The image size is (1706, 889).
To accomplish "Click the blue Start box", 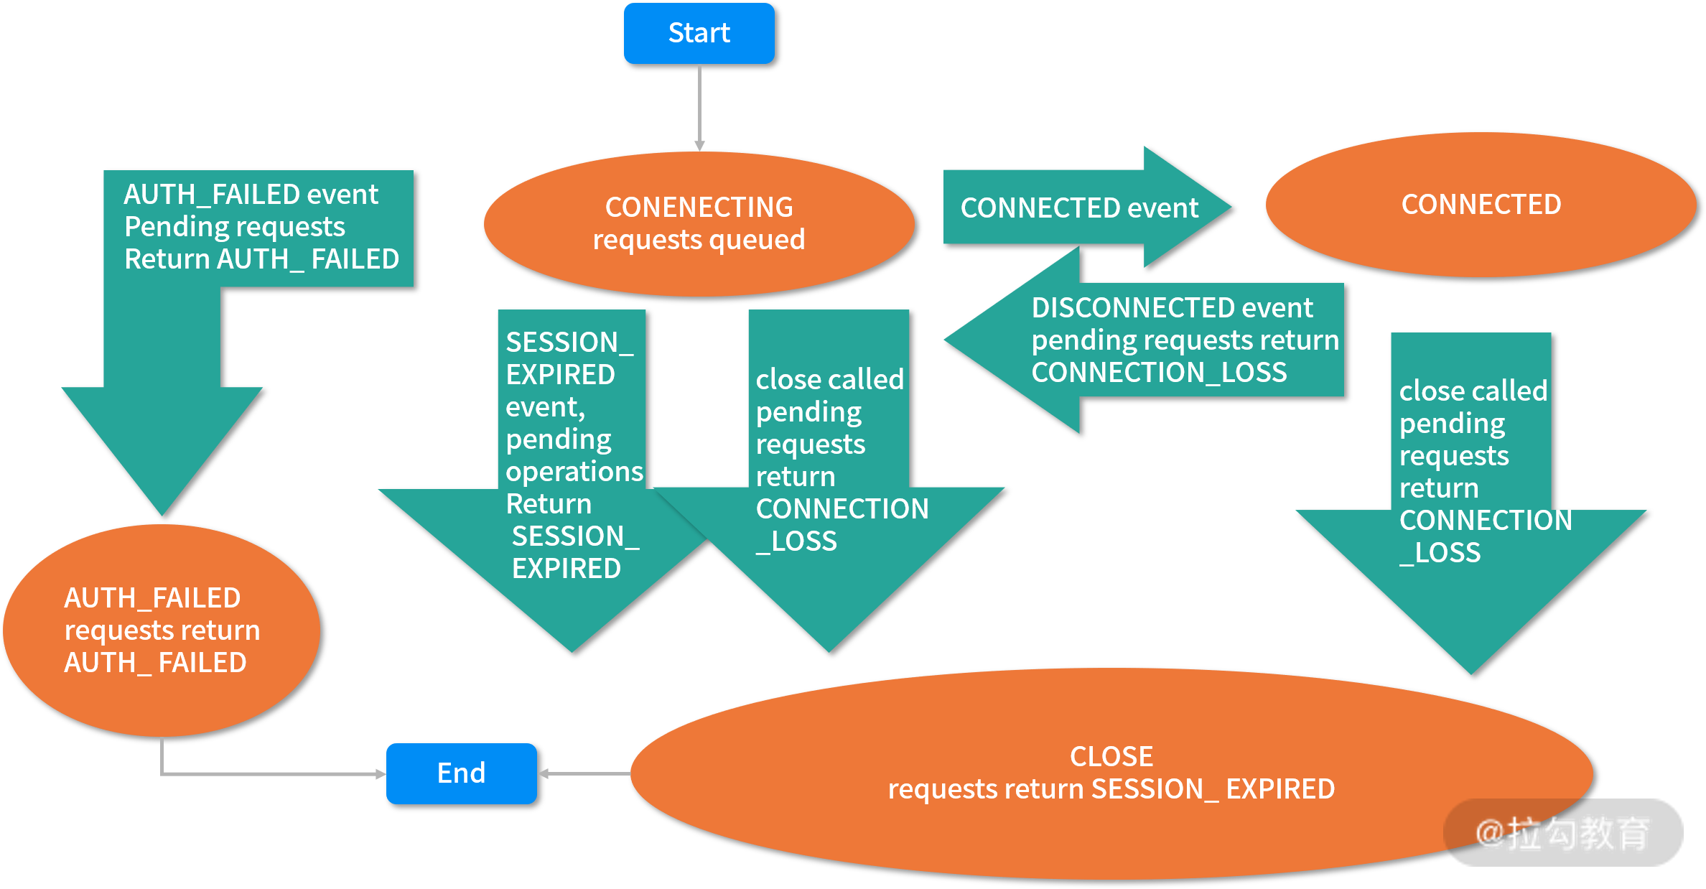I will coord(699,33).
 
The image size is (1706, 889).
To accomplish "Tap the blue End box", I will coord(461,773).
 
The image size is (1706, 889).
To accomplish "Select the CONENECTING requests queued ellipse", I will coord(699,223).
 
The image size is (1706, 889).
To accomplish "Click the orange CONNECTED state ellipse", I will coord(1481,205).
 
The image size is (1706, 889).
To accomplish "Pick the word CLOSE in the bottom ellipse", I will coord(1111,756).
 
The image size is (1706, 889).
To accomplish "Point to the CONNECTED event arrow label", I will coord(1079,208).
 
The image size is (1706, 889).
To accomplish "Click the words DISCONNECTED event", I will coord(1172,308).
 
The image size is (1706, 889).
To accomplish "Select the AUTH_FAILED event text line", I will coord(251,195).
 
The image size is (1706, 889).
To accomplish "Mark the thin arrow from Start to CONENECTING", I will coord(699,108).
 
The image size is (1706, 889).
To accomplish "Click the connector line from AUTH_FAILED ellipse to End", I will coord(273,773).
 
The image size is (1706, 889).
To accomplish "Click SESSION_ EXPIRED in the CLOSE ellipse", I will coord(1212,789).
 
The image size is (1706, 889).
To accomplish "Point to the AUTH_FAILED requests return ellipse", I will coord(162,630).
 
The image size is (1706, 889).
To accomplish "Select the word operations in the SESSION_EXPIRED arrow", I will coord(574,472).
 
